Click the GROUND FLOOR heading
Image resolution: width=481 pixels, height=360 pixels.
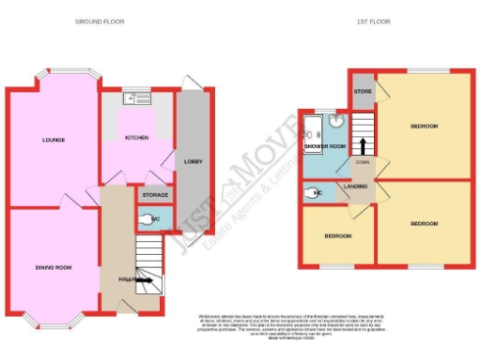[x=100, y=21]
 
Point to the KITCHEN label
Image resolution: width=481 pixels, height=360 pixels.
[x=137, y=138]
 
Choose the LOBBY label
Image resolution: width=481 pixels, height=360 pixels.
[x=192, y=161]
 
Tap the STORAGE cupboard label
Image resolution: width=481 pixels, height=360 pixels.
[x=154, y=195]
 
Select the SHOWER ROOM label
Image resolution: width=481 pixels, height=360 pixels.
[x=325, y=146]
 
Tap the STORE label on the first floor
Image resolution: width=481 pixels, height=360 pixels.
[x=363, y=92]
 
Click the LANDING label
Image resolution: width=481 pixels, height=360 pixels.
[x=356, y=187]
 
